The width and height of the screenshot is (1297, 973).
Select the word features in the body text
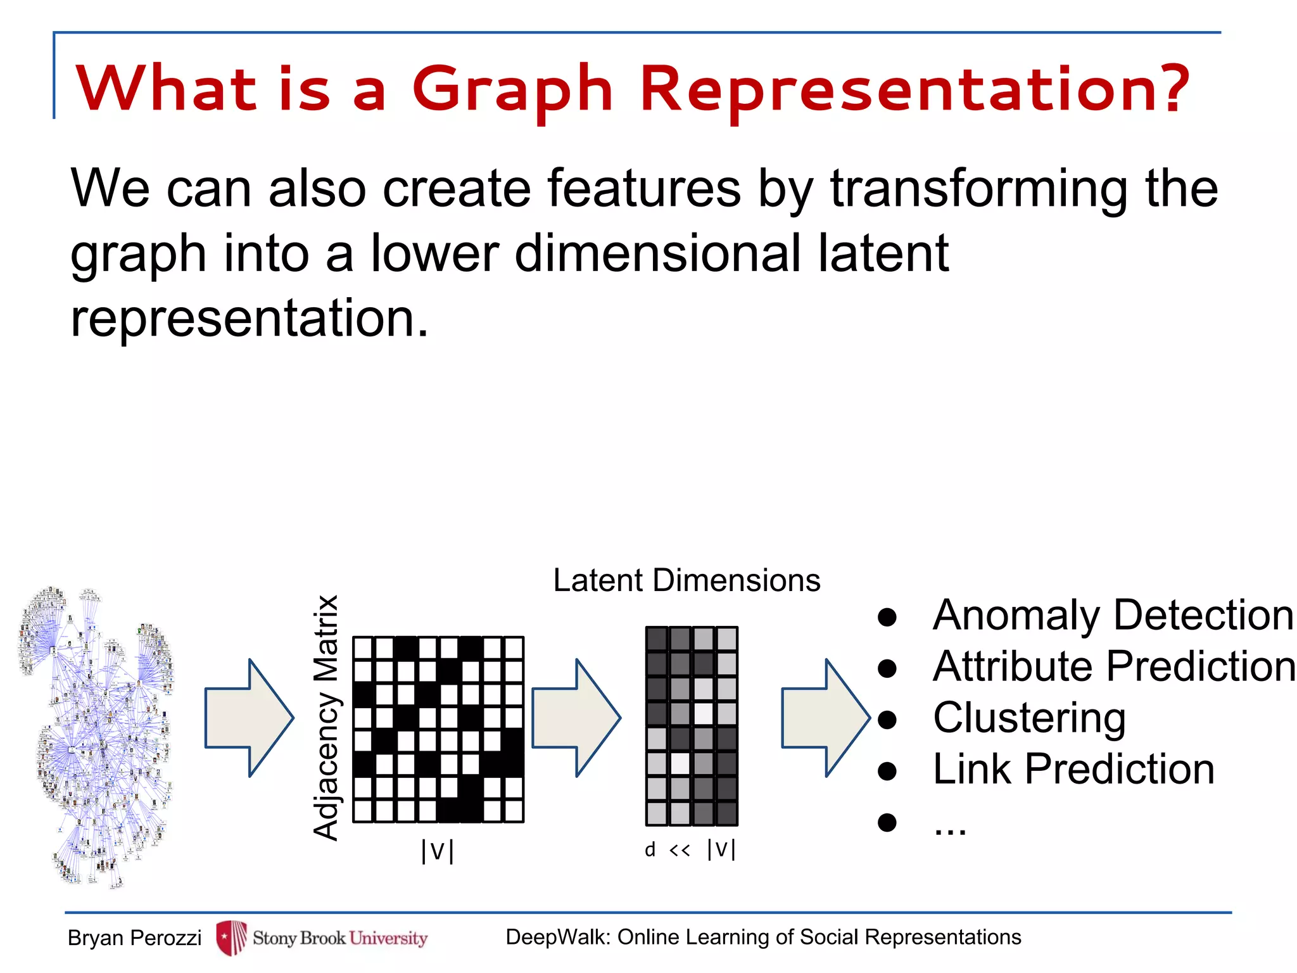(x=643, y=188)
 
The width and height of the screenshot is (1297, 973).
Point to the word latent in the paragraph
(x=883, y=253)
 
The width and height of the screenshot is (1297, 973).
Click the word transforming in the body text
(x=979, y=188)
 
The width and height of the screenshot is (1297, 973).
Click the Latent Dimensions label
(x=686, y=580)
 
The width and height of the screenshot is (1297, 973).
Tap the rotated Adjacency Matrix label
(x=327, y=717)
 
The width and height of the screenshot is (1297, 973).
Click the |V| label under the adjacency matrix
(x=437, y=851)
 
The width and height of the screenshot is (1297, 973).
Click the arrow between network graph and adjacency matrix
(x=250, y=718)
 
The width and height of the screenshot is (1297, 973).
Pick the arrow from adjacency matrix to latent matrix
(x=576, y=718)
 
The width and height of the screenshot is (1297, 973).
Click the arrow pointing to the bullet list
(x=826, y=718)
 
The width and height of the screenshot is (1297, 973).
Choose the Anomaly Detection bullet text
(x=1113, y=615)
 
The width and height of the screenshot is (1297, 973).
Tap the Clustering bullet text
(x=1029, y=718)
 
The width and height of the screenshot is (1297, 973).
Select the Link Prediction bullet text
(x=1073, y=770)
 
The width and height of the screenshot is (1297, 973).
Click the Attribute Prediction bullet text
(x=1114, y=666)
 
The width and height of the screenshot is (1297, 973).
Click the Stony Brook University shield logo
(x=231, y=938)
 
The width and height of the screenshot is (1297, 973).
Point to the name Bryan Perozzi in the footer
(x=134, y=938)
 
